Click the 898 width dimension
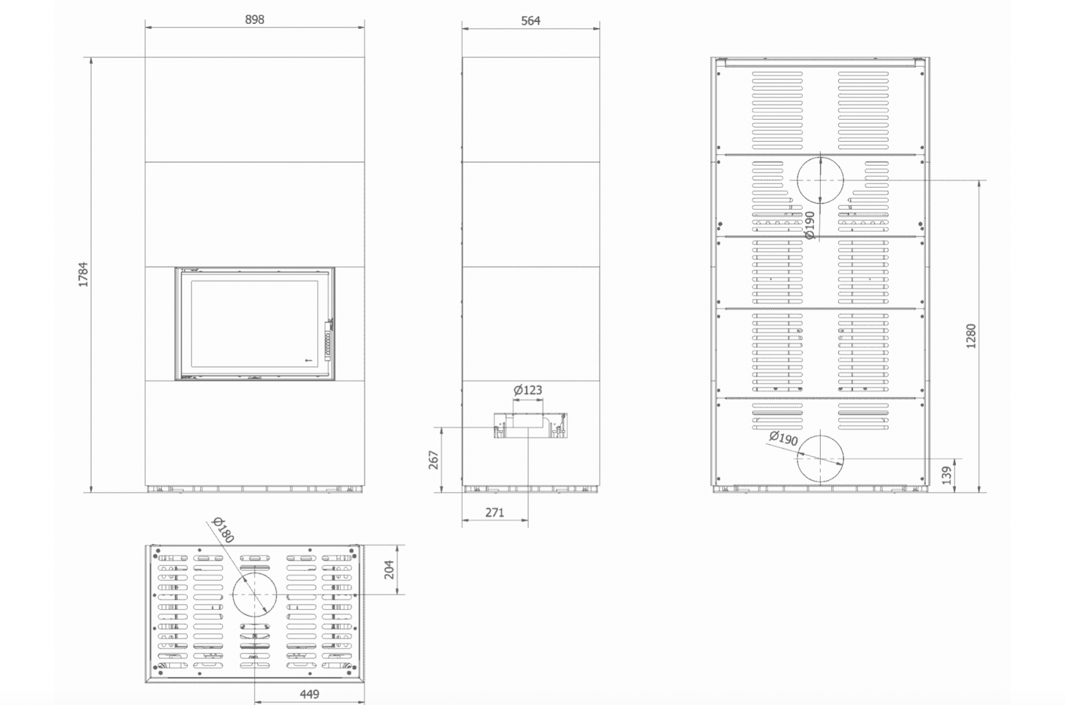point(254,19)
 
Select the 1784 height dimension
point(83,274)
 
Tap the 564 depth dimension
point(531,21)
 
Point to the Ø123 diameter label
point(528,390)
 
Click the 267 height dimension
point(433,460)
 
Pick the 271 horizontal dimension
point(495,513)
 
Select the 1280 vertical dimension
point(971,336)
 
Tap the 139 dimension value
point(946,475)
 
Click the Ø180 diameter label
point(224,529)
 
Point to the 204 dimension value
point(389,569)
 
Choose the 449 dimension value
point(309,694)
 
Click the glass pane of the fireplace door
point(254,324)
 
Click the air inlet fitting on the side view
point(530,425)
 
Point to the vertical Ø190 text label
point(809,225)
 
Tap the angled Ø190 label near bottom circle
point(783,438)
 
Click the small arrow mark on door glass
point(308,360)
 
